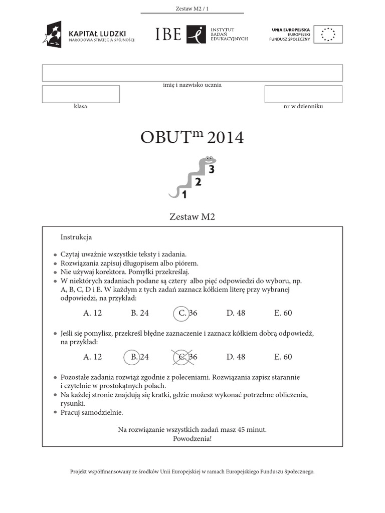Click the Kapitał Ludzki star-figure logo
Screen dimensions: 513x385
pyautogui.click(x=53, y=34)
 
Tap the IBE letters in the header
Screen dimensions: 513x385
pyautogui.click(x=168, y=34)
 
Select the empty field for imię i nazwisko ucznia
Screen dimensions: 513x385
pyautogui.click(x=192, y=73)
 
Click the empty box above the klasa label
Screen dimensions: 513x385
pyautogui.click(x=81, y=94)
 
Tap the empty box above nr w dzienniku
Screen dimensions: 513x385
pyautogui.click(x=303, y=94)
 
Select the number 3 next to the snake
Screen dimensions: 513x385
pyautogui.click(x=212, y=170)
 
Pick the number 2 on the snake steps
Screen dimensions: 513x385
pyautogui.click(x=198, y=182)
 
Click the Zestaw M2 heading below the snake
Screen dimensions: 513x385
pyautogui.click(x=192, y=217)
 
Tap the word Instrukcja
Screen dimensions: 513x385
pyautogui.click(x=76, y=236)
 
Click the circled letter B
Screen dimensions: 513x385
pyautogui.click(x=133, y=357)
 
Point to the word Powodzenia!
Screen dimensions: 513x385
pyautogui.click(x=192, y=438)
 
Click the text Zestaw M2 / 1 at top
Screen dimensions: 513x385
pyautogui.click(x=192, y=8)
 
